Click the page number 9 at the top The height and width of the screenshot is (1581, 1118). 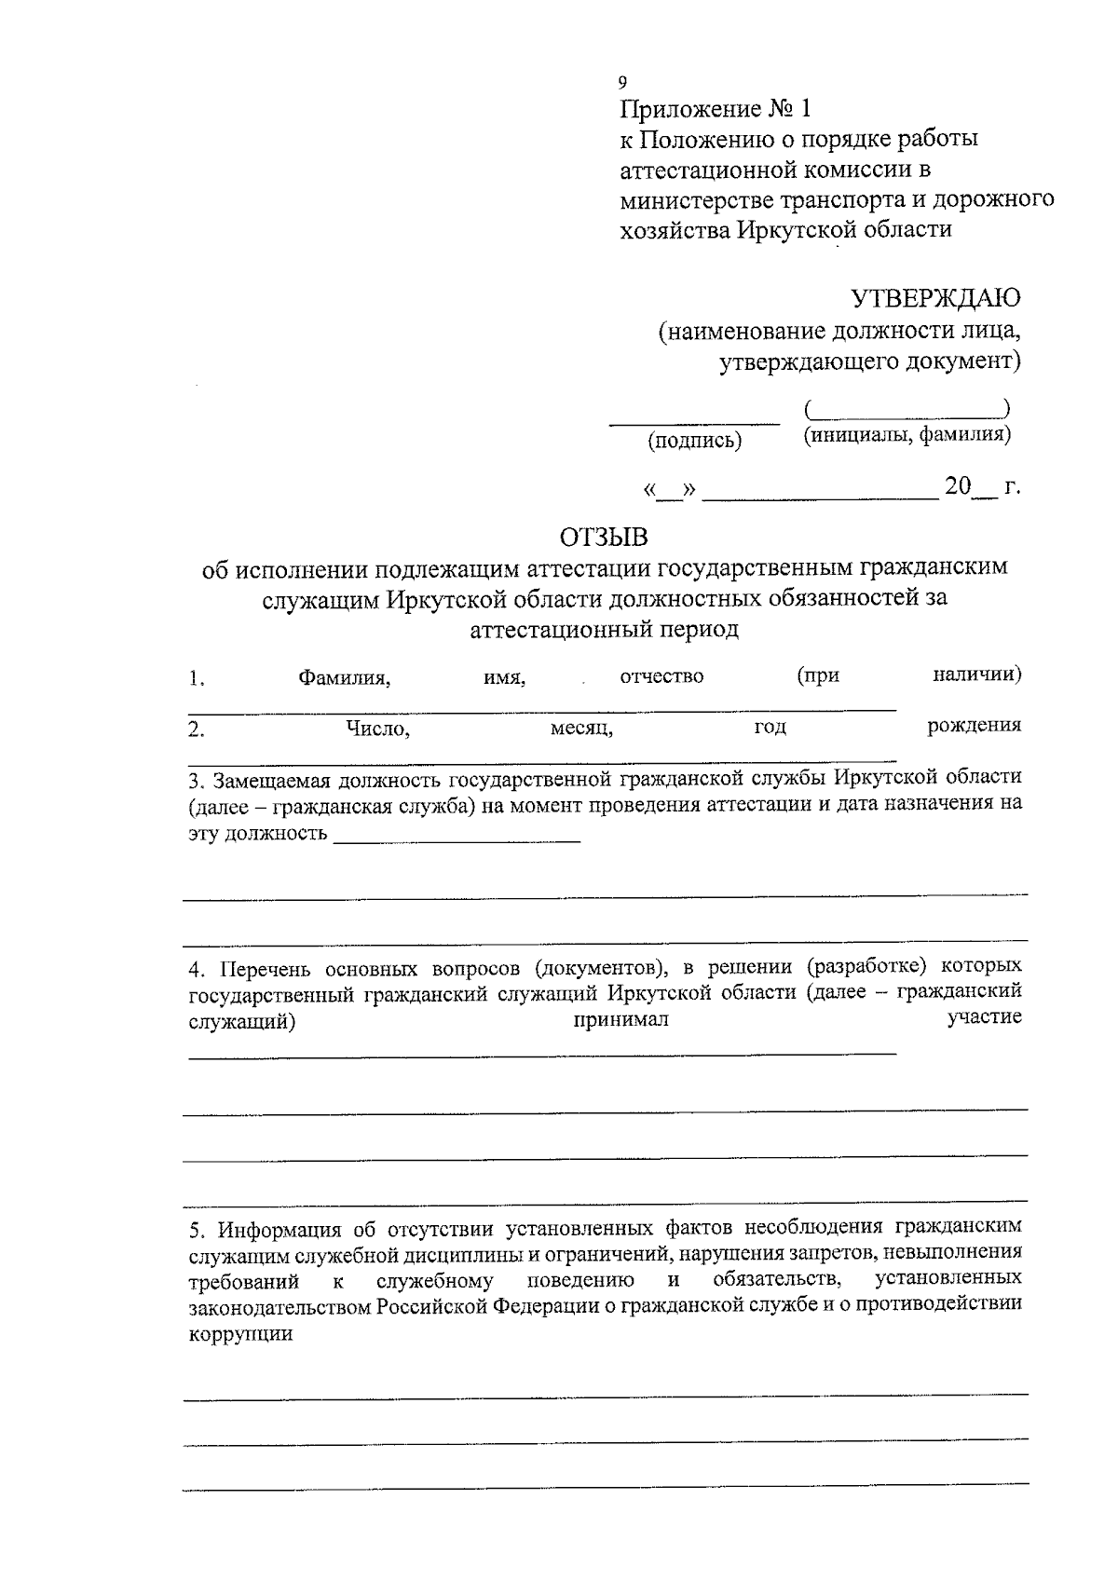pos(623,81)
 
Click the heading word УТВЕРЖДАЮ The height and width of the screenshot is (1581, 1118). pos(935,298)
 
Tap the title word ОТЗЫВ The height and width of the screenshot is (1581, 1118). pos(603,538)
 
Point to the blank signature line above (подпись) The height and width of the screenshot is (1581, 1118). pos(694,423)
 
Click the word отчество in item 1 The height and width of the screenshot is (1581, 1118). pos(661,676)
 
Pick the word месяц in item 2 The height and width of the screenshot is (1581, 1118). pos(581,729)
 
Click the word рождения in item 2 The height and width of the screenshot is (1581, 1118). pos(975,725)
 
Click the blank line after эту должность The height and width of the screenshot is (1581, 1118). pos(457,840)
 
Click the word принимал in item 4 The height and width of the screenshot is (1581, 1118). pos(620,1020)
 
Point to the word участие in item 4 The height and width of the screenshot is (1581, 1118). pos(984,1016)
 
